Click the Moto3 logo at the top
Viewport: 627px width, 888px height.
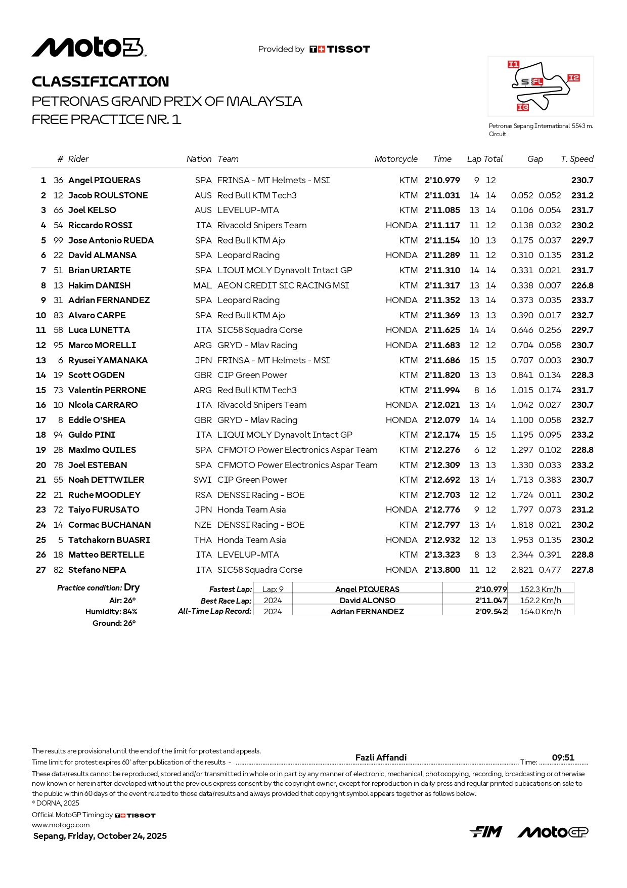coord(89,48)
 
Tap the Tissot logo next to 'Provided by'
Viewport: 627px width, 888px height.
coord(340,49)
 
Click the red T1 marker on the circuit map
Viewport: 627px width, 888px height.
coord(513,64)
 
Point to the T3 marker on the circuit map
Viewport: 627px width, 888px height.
coord(522,107)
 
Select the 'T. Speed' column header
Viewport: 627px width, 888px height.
coord(577,159)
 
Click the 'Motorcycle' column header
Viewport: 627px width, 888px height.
coord(396,159)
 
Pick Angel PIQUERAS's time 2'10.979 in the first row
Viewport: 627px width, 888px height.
coord(442,180)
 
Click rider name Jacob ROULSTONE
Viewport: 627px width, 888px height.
coord(108,195)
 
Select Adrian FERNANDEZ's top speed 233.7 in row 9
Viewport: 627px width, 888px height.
coord(582,300)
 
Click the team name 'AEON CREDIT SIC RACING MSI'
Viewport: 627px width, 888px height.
coord(283,285)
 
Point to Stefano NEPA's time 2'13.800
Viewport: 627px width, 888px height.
coord(442,570)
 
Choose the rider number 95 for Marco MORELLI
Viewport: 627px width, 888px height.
coord(58,345)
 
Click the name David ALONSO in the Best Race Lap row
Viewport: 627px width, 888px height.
coord(368,601)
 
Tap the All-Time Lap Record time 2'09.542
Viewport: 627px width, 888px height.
coord(490,612)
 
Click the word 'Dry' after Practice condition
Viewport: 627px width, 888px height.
coord(132,587)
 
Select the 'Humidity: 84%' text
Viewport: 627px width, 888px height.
coord(111,612)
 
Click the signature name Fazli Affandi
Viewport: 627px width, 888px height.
coord(381,757)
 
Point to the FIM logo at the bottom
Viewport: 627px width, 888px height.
coord(486,832)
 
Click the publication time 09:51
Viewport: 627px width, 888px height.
coord(563,757)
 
